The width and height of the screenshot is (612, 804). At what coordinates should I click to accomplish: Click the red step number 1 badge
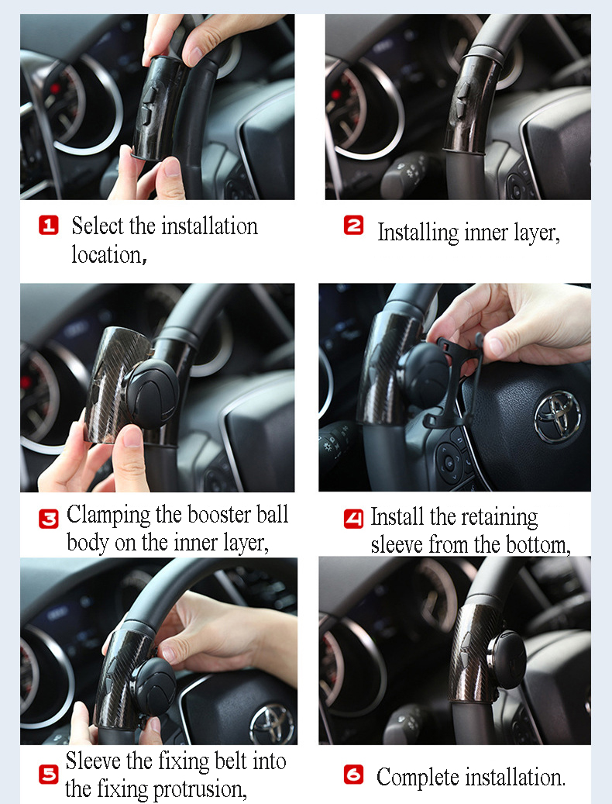tap(49, 225)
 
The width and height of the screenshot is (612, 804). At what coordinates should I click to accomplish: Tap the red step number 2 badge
tap(353, 225)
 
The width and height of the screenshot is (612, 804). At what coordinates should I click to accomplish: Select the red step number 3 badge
tap(49, 519)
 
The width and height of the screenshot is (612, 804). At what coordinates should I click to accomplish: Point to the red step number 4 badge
tap(353, 519)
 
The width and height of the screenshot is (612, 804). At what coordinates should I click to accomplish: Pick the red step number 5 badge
tap(49, 775)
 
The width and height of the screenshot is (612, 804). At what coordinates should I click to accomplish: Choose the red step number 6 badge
tap(353, 775)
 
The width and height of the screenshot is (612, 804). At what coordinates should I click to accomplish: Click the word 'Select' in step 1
tap(98, 226)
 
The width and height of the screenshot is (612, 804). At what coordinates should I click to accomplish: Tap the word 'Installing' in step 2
tap(418, 233)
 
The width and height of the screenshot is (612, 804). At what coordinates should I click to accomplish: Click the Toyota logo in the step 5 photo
tap(272, 723)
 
